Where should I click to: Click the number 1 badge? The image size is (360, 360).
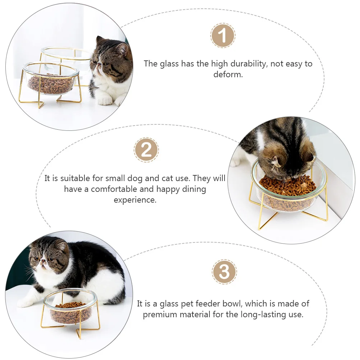coord(223,36)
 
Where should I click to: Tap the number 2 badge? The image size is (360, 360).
coord(146,150)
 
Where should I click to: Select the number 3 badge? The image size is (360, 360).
coord(224,272)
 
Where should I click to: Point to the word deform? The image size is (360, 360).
coord(228,75)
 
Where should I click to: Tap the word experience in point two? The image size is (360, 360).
coord(135,200)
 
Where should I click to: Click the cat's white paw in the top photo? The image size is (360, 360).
coord(105,101)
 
